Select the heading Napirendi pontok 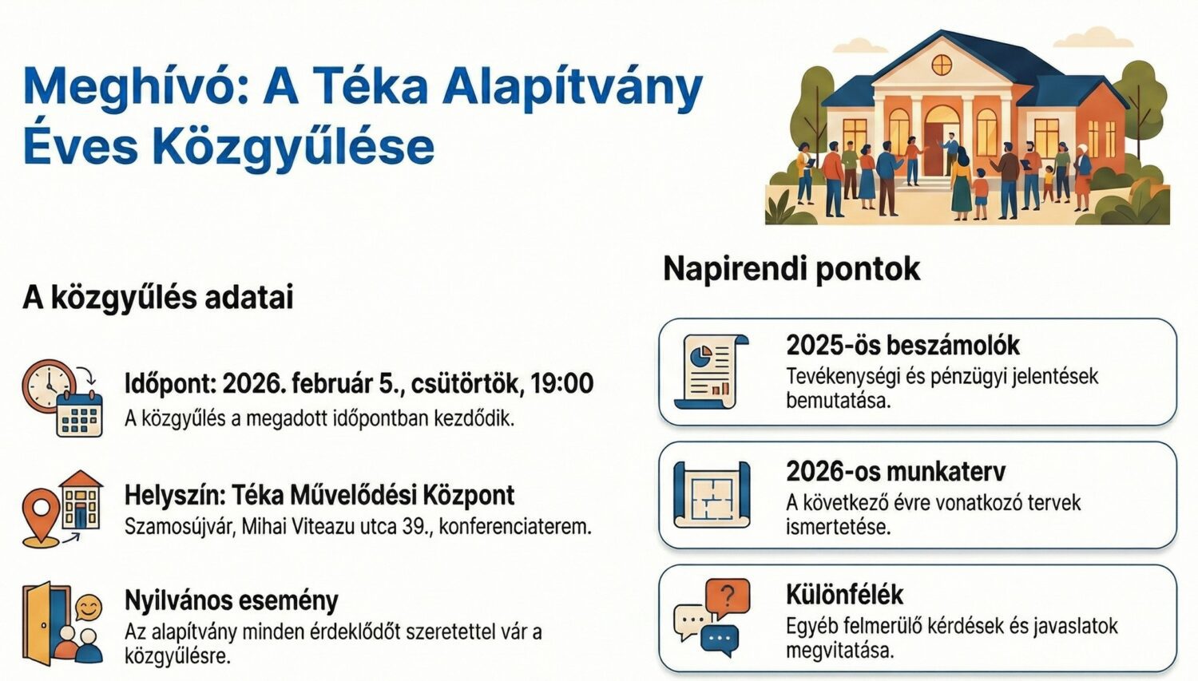[791, 269]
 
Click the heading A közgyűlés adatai [158, 298]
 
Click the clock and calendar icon [62, 398]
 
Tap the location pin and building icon [62, 509]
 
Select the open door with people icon [62, 624]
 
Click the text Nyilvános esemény [231, 600]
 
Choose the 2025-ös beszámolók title [902, 346]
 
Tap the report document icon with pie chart [711, 372]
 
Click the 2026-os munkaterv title [895, 471]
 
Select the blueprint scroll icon [711, 495]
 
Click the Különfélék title [844, 595]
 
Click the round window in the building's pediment [942, 64]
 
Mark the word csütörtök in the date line [466, 384]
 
